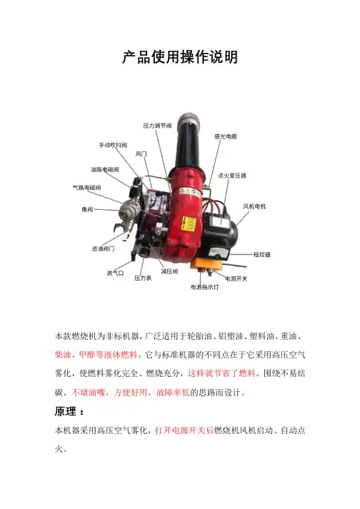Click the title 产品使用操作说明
tap(180, 57)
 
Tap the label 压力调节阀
tap(157, 126)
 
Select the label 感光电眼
tap(226, 136)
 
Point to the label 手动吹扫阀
tap(113, 145)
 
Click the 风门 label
tap(141, 154)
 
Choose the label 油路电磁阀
tap(104, 169)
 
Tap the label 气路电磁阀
tap(86, 187)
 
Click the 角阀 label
tap(87, 209)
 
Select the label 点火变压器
tap(232, 176)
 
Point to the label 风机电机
tap(254, 206)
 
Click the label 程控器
tap(262, 254)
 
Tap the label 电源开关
tap(236, 278)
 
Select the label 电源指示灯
tap(205, 287)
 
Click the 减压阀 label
tap(169, 271)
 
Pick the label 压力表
tap(143, 278)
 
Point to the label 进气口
tap(115, 273)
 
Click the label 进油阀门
tap(103, 248)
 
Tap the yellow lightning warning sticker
tap(189, 224)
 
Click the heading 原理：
tap(69, 412)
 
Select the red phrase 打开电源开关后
tap(184, 430)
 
